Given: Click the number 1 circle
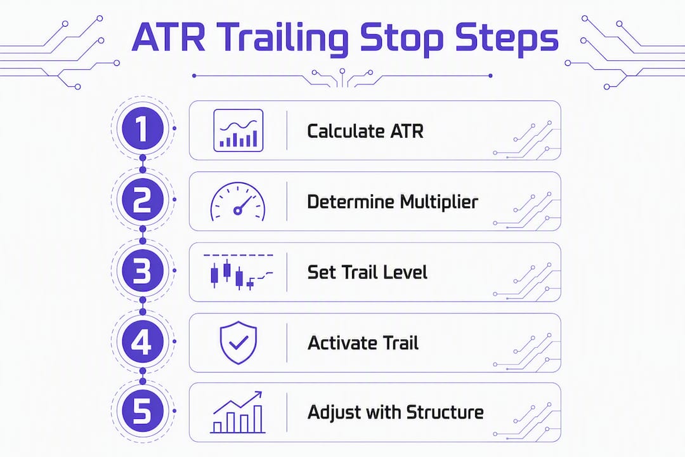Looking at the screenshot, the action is pos(143,129).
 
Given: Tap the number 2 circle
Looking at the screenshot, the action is pos(143,200).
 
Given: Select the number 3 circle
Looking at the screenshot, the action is pos(143,270).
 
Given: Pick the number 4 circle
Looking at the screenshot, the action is pos(143,341).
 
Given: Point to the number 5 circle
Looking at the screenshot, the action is pos(143,411).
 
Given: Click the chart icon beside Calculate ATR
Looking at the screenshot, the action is pos(238,130).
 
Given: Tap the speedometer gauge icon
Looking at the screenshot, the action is pos(238,202).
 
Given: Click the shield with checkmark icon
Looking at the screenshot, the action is pos(238,342).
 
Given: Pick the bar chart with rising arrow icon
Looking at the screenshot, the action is pos(238,412).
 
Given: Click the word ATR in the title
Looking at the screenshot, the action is pos(168,37).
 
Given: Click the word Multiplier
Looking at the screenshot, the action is pos(439,202).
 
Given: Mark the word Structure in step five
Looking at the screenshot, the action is pos(445,413).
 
